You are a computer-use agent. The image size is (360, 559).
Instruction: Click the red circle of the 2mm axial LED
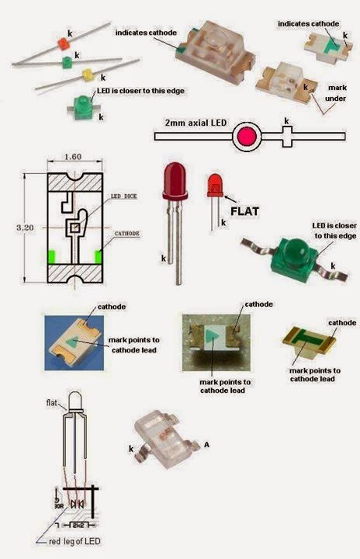247,137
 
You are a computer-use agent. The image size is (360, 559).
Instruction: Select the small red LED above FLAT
213,186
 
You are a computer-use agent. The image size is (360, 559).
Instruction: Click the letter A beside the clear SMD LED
207,444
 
